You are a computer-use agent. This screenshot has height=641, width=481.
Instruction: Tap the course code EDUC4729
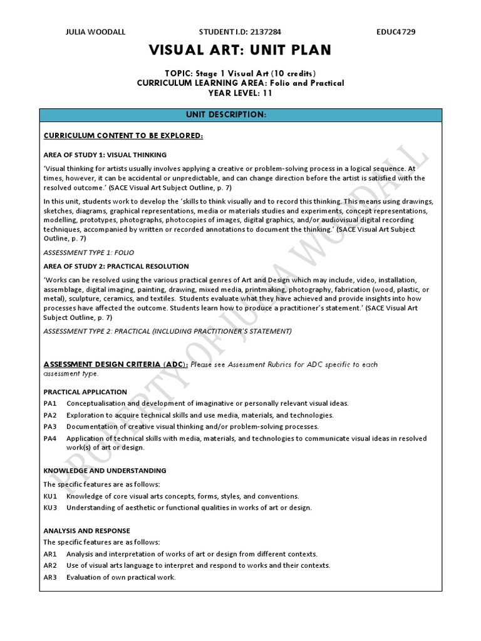396,31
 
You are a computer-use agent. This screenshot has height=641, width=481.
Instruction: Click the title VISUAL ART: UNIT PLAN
240,51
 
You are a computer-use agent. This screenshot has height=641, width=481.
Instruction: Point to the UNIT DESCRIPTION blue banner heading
240,115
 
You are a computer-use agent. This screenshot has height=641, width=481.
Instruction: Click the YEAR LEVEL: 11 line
240,93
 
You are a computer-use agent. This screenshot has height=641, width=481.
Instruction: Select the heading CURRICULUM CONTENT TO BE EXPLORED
123,136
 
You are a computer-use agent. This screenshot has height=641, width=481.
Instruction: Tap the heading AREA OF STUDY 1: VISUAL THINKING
105,155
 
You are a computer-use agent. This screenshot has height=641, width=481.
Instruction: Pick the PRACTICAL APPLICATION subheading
85,392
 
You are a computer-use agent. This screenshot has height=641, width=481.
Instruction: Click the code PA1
50,403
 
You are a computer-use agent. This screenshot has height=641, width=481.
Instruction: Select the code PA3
50,426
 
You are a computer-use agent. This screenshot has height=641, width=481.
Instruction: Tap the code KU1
50,496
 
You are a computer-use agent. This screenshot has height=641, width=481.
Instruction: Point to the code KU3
50,507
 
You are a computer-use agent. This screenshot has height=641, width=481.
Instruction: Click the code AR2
50,565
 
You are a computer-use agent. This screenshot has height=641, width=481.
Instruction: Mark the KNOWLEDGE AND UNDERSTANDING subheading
105,470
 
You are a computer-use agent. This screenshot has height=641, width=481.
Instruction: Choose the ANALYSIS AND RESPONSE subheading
86,530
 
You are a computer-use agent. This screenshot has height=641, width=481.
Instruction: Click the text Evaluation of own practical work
121,577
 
